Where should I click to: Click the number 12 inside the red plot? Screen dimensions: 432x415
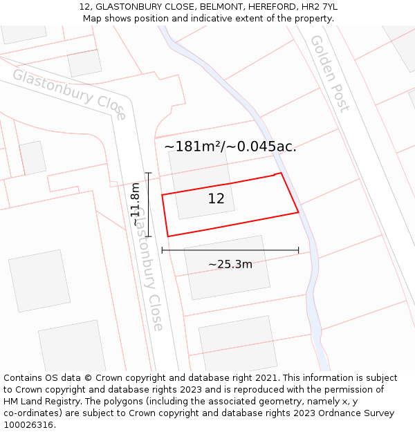(216, 199)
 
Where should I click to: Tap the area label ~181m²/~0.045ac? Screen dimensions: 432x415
(230, 147)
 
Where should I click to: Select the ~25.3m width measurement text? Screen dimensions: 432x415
(230, 264)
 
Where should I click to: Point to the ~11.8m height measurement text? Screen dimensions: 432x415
(136, 204)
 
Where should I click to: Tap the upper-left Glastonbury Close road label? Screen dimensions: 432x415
(70, 93)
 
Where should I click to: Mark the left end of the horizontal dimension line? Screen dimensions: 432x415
(162, 250)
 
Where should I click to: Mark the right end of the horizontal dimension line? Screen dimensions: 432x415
(299, 250)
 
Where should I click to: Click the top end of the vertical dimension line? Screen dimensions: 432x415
(148, 173)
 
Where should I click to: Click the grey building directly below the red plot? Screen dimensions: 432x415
(226, 267)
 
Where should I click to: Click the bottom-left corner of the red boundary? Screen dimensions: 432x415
(168, 236)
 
